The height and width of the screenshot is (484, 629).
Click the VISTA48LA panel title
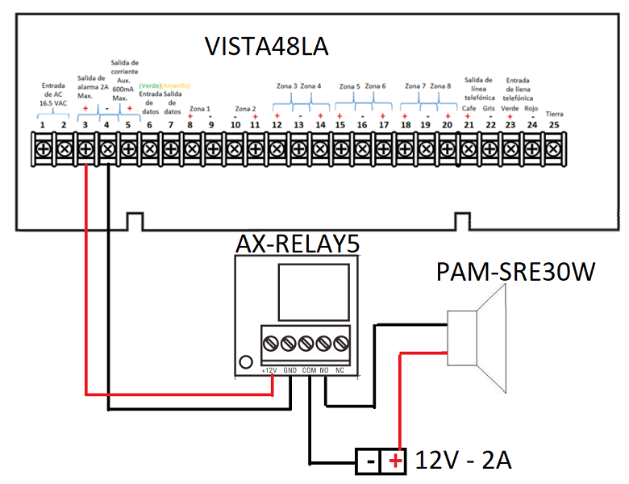(265, 45)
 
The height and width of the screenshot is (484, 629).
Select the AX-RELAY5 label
(297, 245)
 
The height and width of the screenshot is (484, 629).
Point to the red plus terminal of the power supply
(394, 461)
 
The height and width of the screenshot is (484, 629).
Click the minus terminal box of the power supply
(369, 461)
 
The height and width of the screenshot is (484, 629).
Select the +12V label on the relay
(270, 369)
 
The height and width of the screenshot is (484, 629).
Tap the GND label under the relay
(290, 369)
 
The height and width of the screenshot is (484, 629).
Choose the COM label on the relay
(309, 369)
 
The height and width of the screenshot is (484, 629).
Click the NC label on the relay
(340, 369)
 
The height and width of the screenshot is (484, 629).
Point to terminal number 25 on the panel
(552, 125)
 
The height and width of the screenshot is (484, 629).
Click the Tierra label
(554, 113)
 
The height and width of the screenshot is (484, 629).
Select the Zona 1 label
(199, 108)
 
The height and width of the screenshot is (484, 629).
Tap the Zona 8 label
(440, 86)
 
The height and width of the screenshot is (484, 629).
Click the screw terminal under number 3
(85, 149)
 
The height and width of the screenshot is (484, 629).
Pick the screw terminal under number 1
(43, 149)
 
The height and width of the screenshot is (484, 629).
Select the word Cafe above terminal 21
(469, 108)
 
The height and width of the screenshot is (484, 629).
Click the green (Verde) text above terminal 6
(150, 86)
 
